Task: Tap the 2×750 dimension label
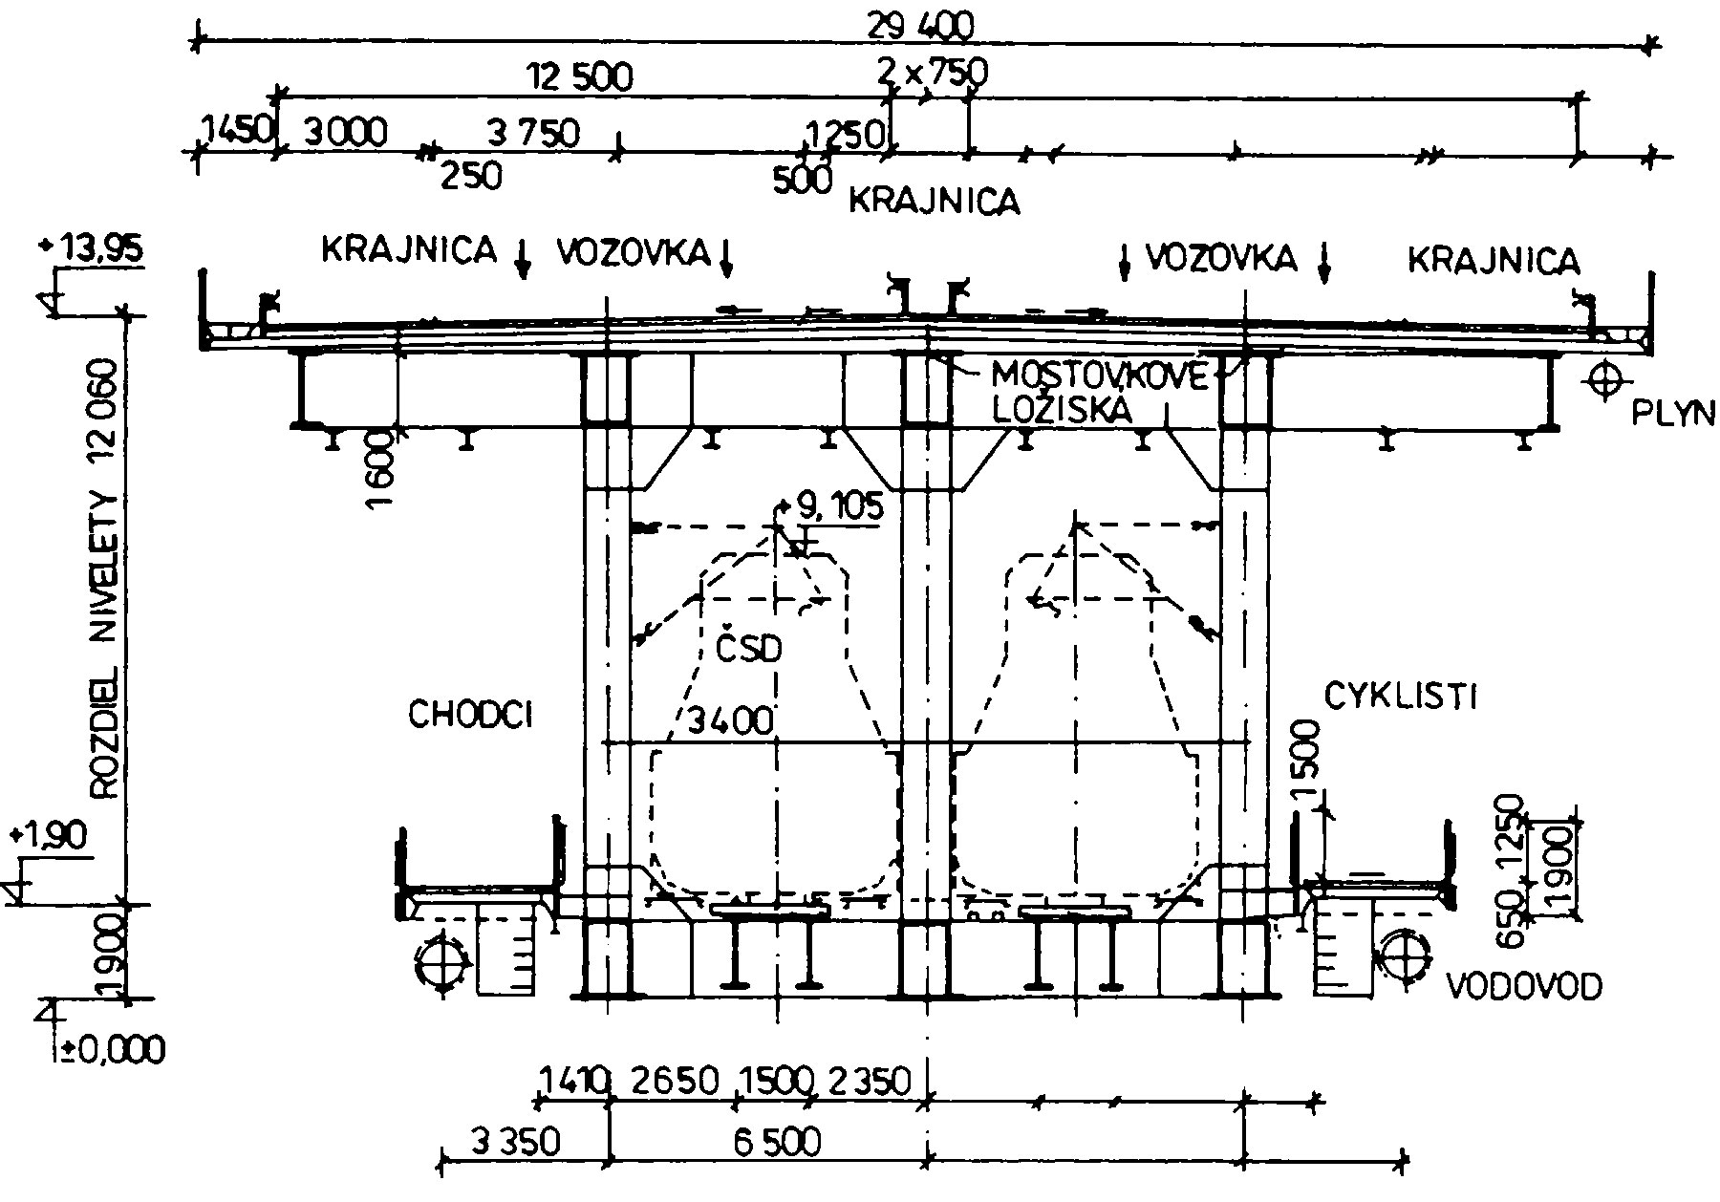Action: tap(932, 72)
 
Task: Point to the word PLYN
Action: tap(1672, 413)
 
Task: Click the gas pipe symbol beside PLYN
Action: tap(1607, 380)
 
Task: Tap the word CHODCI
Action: tap(470, 715)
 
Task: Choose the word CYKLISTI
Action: tap(1400, 698)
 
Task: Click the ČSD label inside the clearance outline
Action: tap(748, 650)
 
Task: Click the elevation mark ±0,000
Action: tap(107, 1050)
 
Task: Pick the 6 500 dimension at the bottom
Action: tap(772, 1142)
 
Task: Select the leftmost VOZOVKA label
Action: tap(634, 253)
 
